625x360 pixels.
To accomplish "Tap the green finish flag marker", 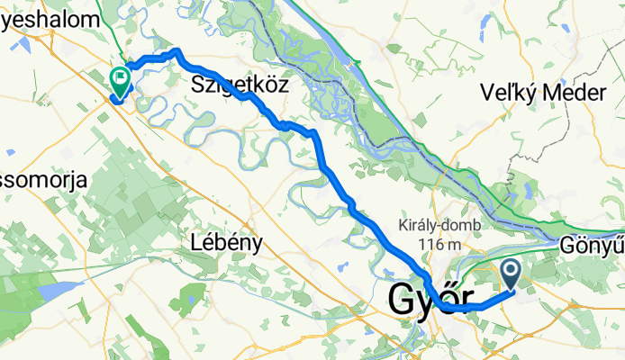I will [119, 79].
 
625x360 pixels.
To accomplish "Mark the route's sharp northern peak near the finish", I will [177, 52].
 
